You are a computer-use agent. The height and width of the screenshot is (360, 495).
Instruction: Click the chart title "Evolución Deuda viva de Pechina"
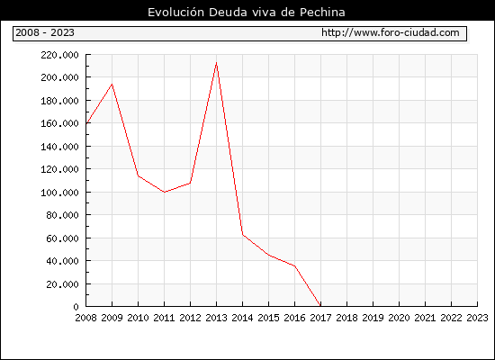(x=247, y=13)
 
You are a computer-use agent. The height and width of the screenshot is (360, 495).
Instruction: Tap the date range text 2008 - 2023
(x=45, y=32)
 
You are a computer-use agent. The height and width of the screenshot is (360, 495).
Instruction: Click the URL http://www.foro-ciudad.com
(x=391, y=32)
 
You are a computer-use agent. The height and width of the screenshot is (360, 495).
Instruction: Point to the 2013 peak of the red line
(x=216, y=63)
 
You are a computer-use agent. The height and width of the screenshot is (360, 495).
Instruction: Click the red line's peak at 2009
(x=112, y=84)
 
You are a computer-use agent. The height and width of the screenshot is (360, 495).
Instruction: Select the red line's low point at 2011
(x=164, y=192)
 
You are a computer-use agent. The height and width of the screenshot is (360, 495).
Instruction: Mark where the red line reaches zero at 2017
(x=320, y=306)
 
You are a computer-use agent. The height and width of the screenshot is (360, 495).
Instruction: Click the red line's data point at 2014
(x=242, y=234)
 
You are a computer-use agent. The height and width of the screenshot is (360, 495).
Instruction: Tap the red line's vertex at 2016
(x=294, y=265)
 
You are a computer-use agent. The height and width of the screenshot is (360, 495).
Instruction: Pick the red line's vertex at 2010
(x=139, y=175)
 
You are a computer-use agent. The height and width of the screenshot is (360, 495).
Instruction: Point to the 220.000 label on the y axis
(x=59, y=55)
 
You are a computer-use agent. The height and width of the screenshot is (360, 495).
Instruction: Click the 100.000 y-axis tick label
(x=59, y=193)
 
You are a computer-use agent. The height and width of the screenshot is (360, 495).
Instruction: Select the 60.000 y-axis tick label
(x=62, y=238)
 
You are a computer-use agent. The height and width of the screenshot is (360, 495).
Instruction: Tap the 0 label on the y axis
(x=76, y=307)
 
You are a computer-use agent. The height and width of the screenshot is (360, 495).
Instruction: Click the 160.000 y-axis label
(x=59, y=123)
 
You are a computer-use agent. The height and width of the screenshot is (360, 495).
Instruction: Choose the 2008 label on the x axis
(x=85, y=318)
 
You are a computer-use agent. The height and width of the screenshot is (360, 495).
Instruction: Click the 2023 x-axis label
(x=477, y=318)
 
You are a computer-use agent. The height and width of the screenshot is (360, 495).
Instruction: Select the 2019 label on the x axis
(x=373, y=318)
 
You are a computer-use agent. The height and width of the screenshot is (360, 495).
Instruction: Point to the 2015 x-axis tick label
(x=269, y=318)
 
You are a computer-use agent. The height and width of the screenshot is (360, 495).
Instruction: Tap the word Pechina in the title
(x=322, y=13)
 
